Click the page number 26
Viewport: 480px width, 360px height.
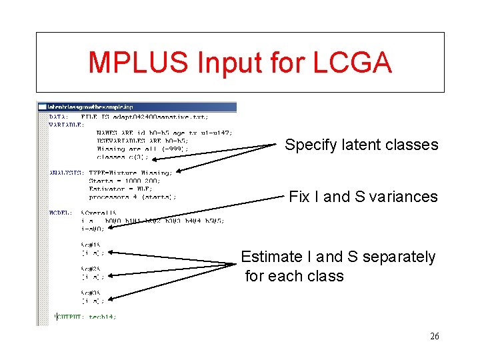pos(434,337)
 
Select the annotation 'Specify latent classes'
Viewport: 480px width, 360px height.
pos(361,145)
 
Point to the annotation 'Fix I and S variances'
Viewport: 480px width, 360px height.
pos(363,197)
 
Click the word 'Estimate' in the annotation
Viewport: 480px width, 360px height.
pos(270,257)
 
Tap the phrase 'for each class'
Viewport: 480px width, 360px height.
pos(294,276)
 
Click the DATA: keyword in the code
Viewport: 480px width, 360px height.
pos(59,116)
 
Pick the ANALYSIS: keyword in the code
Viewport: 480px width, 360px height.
pos(66,173)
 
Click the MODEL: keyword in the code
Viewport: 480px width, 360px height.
pos(61,213)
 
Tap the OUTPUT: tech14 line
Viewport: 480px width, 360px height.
pos(87,317)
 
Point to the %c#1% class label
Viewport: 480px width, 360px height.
pos(91,245)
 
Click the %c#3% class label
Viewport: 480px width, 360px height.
pos(91,293)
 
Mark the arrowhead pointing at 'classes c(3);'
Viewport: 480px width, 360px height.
pos(179,171)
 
